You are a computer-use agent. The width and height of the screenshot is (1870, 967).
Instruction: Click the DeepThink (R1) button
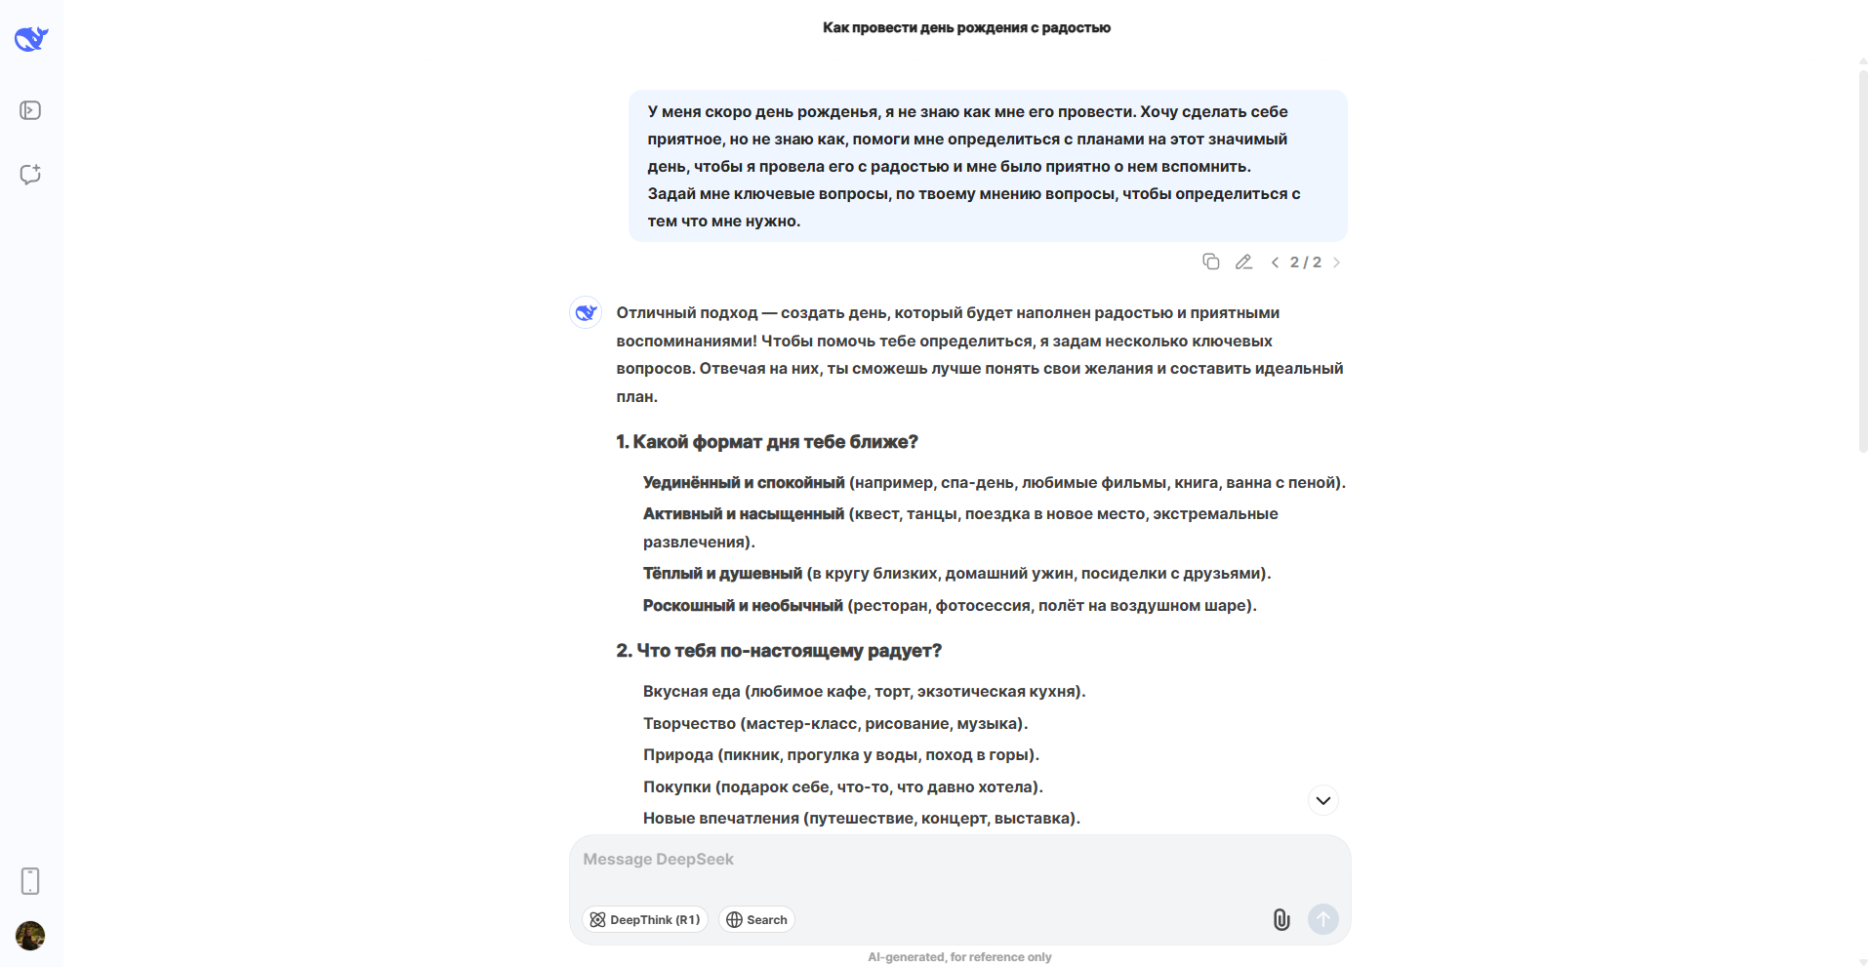pos(645,919)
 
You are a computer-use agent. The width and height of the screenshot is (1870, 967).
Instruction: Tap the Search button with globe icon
pos(756,919)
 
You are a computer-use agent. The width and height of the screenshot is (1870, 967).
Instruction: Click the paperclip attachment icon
pos(1281,919)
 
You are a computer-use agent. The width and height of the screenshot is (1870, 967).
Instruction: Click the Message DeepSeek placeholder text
pos(658,859)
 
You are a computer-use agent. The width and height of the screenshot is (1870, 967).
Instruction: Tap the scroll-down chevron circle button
pos(1322,800)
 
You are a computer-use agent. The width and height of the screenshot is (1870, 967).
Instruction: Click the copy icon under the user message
pos(1210,262)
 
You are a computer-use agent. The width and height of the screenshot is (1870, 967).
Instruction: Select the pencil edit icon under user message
pos(1243,262)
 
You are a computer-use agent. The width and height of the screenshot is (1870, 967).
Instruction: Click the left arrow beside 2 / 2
pos(1275,262)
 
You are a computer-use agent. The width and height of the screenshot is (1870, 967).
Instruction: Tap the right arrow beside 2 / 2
pos(1336,262)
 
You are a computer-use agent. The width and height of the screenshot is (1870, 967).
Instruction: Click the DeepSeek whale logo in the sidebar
pos(31,39)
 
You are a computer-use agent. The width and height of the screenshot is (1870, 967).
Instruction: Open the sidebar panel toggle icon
pos(30,110)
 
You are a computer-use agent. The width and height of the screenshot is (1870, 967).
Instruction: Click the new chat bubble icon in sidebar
pos(30,175)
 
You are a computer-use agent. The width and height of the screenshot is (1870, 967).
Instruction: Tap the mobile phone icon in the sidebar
pos(30,880)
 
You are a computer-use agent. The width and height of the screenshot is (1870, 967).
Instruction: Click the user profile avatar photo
pos(30,935)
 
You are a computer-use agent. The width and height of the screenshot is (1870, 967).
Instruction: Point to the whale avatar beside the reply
pos(586,312)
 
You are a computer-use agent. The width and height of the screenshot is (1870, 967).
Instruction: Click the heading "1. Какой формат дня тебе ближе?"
pos(766,442)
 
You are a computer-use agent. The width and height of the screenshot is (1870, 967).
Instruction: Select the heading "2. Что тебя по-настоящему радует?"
pos(778,651)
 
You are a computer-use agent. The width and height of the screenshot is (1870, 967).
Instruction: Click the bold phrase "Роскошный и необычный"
pos(742,605)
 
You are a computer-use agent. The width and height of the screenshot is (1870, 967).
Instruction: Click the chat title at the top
pos(966,27)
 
